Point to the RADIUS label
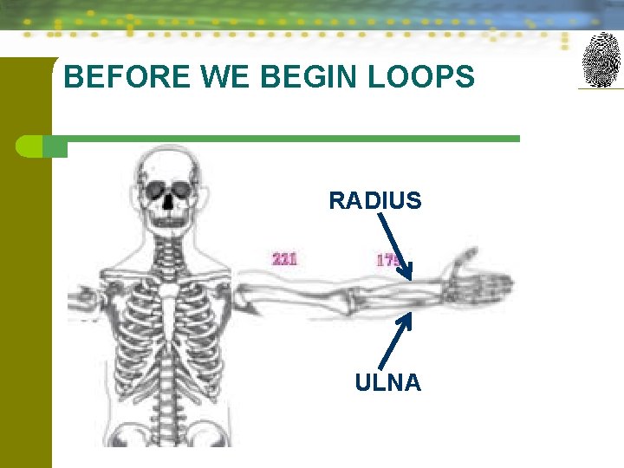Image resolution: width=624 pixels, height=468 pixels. tap(374, 201)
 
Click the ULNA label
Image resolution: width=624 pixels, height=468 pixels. tap(387, 382)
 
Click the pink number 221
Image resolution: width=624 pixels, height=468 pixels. tap(285, 258)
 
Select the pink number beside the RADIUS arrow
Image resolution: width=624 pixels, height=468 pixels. tap(387, 258)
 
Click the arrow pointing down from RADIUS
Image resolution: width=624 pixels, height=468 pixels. tap(394, 247)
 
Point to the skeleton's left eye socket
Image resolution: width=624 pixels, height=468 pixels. tap(183, 189)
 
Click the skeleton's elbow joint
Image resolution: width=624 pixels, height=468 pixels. tap(346, 300)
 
